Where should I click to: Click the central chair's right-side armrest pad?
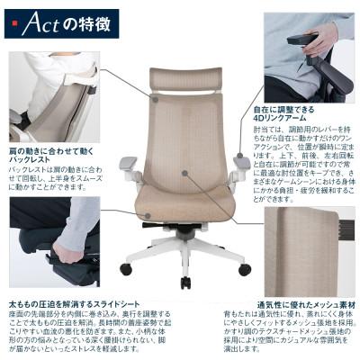(241, 162)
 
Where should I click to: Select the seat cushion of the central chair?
(184, 205)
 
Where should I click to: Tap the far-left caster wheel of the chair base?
(125, 268)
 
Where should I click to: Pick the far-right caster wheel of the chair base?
(245, 268)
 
